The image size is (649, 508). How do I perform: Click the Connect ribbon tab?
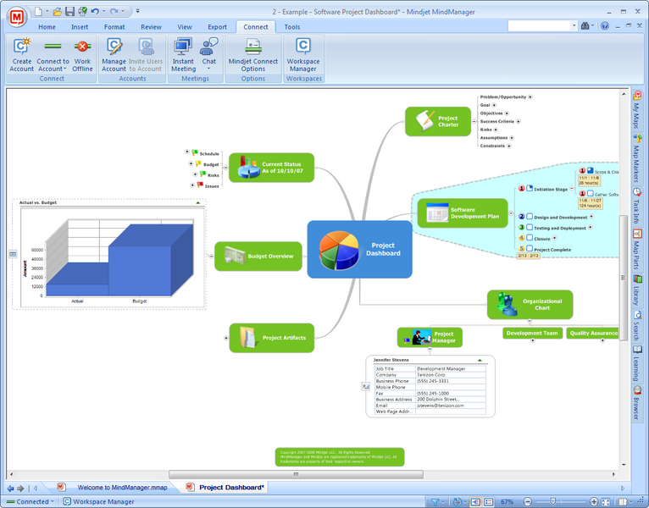point(255,27)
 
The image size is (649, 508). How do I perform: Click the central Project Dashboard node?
point(359,249)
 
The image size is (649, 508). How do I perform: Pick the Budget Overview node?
point(258,256)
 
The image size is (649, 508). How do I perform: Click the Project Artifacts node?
point(272,337)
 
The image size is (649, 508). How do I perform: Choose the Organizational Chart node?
point(530,304)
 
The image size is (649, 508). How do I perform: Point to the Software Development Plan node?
point(462,213)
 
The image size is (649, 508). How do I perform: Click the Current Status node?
point(271,168)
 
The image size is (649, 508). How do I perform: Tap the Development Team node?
point(532,334)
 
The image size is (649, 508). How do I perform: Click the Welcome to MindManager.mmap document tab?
point(119,488)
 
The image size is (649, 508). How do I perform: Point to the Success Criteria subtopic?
point(498,121)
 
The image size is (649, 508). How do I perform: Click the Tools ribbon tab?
point(292,27)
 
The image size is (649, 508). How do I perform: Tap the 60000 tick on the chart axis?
point(37,250)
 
